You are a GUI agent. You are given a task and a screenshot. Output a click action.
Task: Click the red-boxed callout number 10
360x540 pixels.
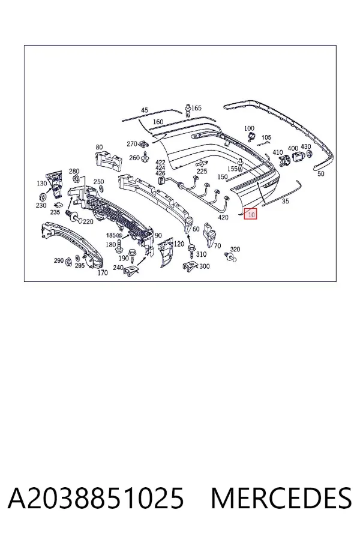[251, 215]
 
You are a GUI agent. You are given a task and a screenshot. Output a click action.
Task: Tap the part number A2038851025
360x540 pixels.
[96, 498]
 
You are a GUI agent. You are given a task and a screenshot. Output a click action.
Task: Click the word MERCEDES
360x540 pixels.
[281, 498]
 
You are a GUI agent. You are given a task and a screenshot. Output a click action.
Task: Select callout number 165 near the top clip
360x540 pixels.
[196, 108]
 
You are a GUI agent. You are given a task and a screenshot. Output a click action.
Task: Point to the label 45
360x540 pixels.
[145, 110]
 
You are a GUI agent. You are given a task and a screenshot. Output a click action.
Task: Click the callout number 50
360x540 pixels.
[321, 173]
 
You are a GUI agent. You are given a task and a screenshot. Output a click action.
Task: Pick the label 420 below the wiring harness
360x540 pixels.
[223, 217]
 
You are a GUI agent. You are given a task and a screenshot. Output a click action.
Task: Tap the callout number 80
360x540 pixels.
[99, 147]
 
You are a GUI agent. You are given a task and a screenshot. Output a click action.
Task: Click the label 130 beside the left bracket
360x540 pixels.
[41, 184]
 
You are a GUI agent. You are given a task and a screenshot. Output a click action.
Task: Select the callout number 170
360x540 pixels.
[103, 273]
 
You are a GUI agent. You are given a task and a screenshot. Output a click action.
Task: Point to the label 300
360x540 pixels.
[204, 266]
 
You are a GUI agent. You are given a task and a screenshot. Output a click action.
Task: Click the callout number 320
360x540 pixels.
[235, 250]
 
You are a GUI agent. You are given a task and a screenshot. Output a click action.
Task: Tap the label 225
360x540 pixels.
[202, 171]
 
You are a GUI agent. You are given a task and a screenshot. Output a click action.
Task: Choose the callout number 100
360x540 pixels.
[249, 128]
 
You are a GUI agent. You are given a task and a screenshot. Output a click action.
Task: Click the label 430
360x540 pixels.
[306, 147]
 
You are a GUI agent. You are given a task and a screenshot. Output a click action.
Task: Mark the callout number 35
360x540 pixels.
[285, 201]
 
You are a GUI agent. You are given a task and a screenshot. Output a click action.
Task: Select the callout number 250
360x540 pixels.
[99, 182]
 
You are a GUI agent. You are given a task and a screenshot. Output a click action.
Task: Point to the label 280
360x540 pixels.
[74, 171]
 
